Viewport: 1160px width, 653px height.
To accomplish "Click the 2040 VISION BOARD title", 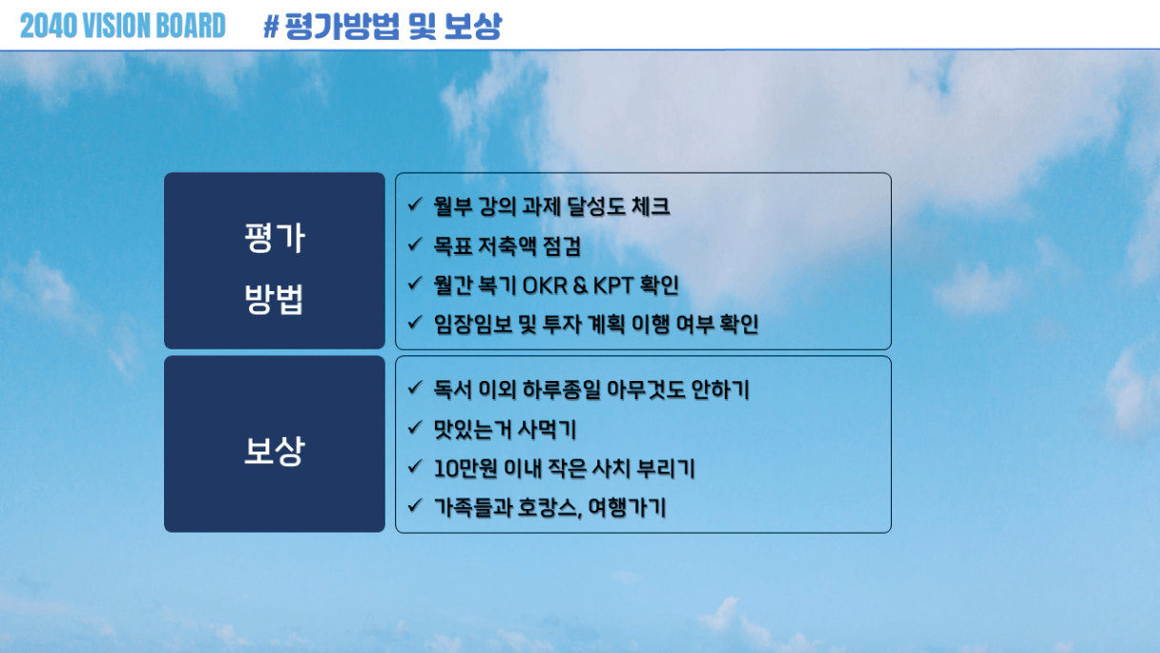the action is coord(123,26).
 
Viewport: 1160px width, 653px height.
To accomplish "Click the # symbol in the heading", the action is coord(271,27).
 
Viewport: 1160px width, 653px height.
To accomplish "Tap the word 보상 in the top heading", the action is coord(473,27).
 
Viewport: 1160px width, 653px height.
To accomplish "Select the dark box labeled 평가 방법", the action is coord(275,261).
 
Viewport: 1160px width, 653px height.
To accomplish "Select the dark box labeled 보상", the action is coord(275,444).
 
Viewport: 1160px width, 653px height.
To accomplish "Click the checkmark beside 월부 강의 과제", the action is coord(415,204).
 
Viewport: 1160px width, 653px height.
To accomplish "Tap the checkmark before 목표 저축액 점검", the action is coord(415,243).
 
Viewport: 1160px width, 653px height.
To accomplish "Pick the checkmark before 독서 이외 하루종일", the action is coord(415,388).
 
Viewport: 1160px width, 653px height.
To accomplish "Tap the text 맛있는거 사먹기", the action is coord(505,430).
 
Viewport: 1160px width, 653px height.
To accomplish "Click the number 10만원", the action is coord(466,469).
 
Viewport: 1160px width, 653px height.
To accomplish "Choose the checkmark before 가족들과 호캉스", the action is coord(415,505).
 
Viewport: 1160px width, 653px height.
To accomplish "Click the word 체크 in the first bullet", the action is coord(651,207).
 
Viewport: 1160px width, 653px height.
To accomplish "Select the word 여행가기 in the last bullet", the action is coord(627,508).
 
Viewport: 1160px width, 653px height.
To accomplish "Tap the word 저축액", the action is coord(507,246).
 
